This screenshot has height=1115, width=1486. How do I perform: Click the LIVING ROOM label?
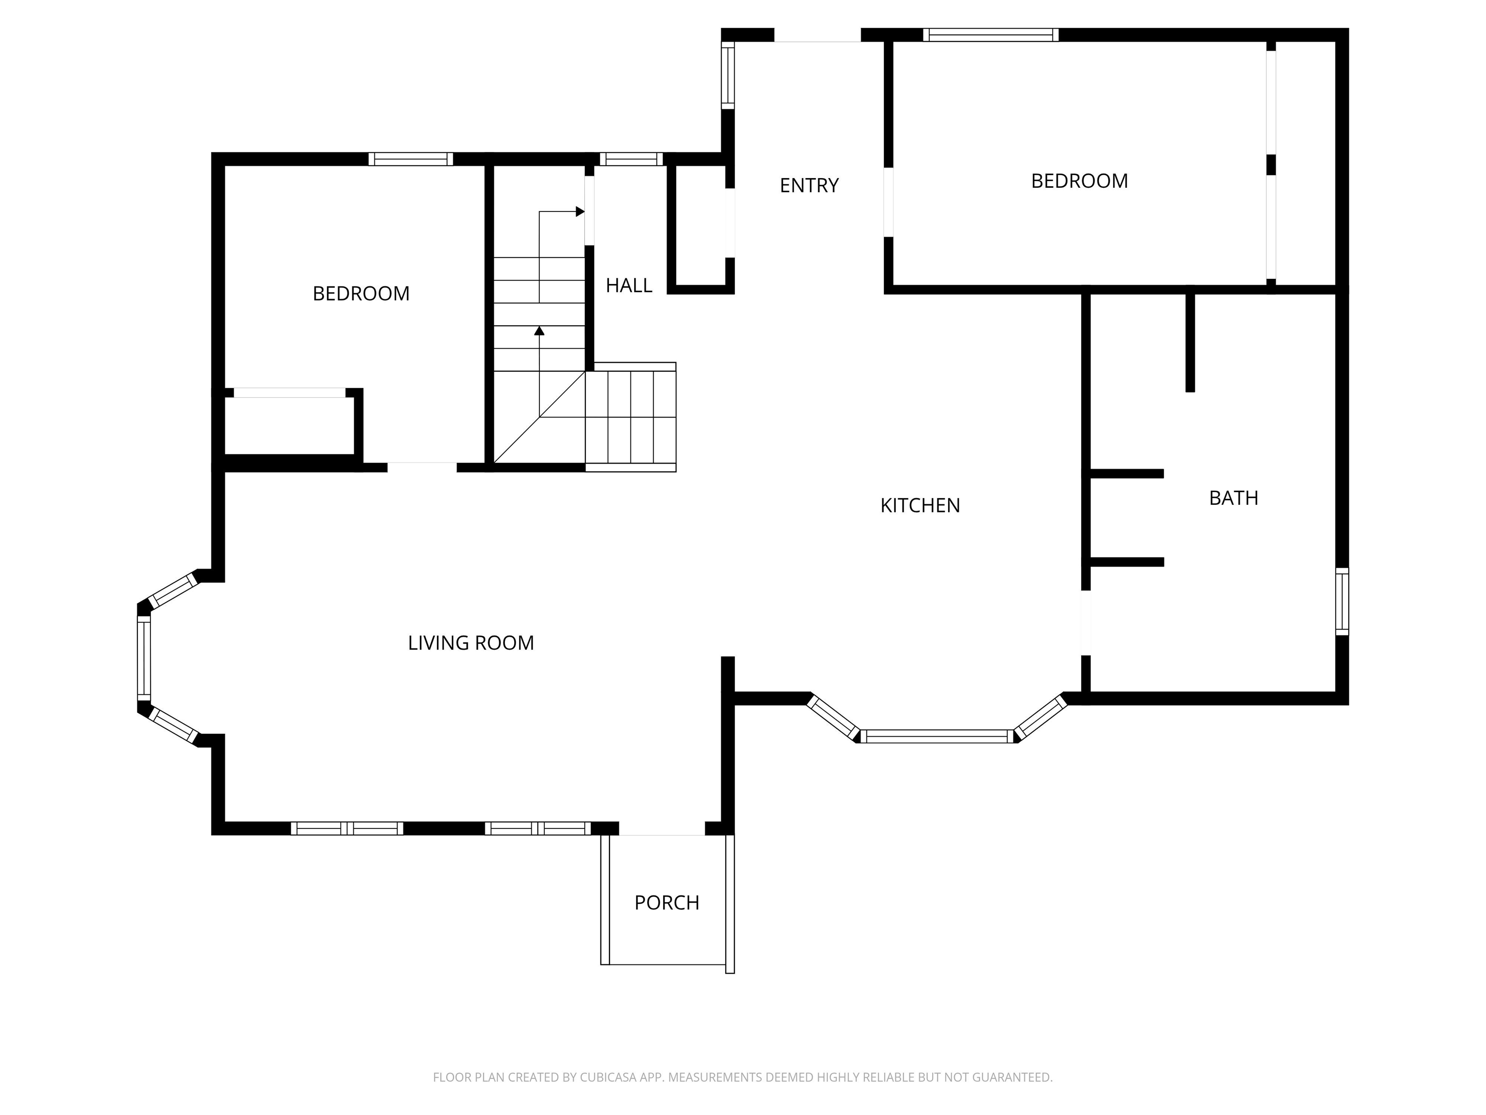(x=471, y=643)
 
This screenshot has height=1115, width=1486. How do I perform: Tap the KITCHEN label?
(x=921, y=505)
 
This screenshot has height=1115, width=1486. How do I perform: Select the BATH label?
(x=1233, y=498)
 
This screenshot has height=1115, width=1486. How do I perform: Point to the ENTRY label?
(x=809, y=185)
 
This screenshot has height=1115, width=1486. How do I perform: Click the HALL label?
(x=629, y=286)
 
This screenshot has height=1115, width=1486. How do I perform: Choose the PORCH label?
(x=667, y=903)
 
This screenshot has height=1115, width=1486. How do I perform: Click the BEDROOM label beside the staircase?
(x=361, y=294)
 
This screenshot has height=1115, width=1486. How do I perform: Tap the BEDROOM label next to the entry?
(x=1080, y=181)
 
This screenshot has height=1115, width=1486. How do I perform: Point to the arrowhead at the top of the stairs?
(x=580, y=211)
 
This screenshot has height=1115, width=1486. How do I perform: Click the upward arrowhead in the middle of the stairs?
(x=539, y=331)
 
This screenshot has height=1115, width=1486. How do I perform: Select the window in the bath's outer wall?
(x=1341, y=602)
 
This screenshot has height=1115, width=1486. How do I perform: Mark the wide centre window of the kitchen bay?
(x=937, y=736)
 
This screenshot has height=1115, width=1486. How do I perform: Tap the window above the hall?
(x=631, y=159)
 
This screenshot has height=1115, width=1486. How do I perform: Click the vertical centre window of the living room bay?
(x=144, y=659)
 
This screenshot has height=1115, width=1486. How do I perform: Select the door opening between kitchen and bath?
(x=1085, y=622)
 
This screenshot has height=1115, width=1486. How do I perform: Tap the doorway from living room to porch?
(x=662, y=829)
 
